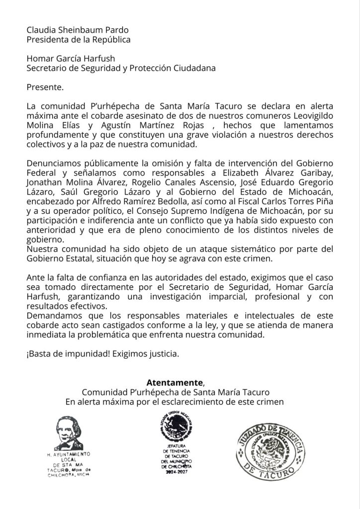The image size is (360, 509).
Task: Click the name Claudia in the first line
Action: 42,30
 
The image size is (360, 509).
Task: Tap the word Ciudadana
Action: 192,68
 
